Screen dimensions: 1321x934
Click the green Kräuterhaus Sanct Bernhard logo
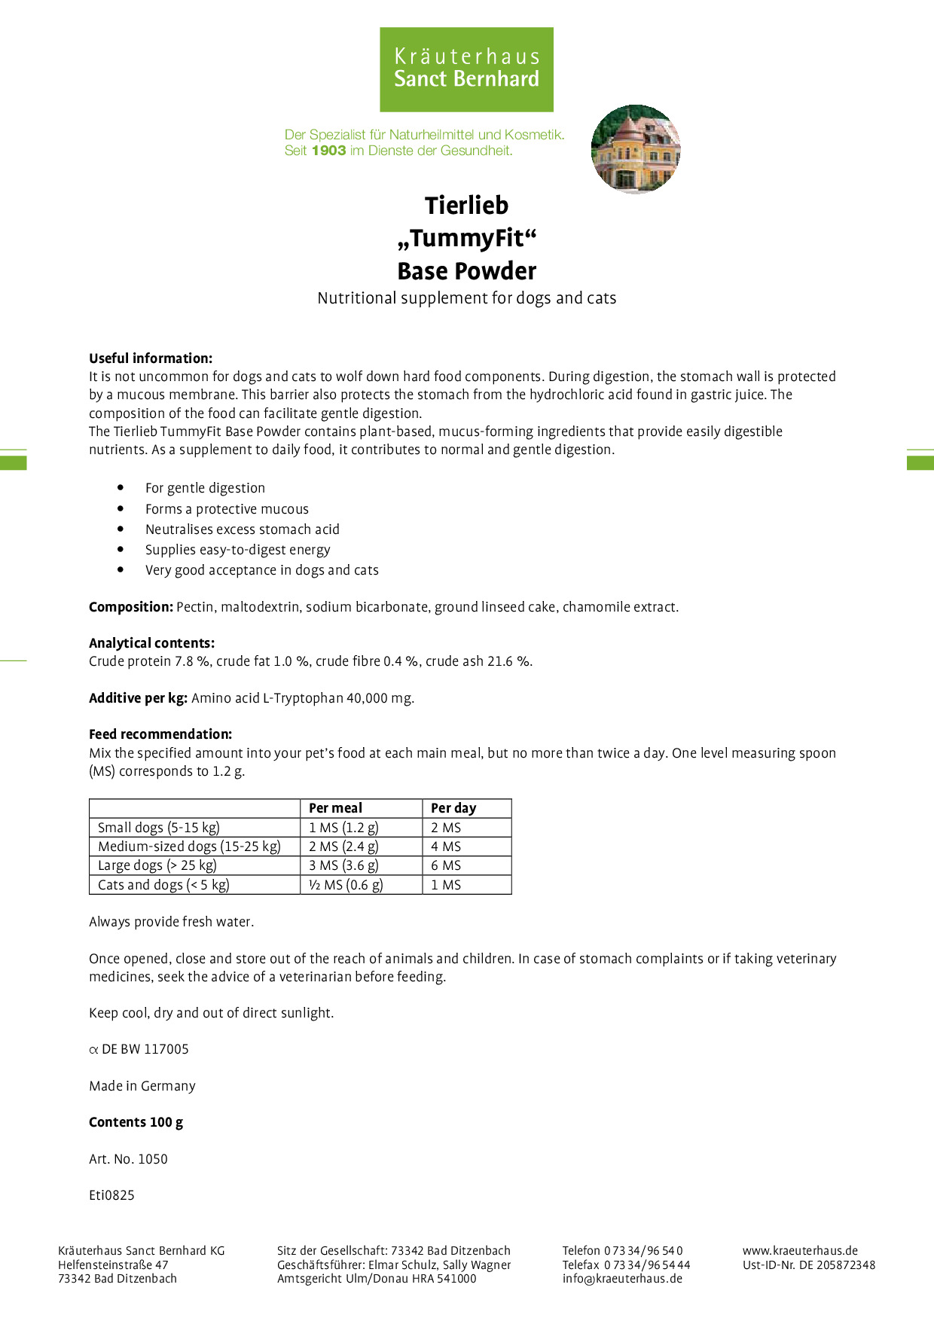tap(466, 69)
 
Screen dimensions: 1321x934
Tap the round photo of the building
tap(636, 149)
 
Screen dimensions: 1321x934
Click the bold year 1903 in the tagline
tap(328, 151)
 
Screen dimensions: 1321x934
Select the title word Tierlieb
tap(466, 205)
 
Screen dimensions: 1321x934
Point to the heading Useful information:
tap(151, 358)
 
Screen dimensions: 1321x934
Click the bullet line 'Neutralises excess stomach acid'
tap(242, 529)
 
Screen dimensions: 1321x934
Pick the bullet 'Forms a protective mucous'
tap(227, 509)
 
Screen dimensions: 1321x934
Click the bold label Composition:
tap(131, 607)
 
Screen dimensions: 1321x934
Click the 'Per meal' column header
tap(335, 808)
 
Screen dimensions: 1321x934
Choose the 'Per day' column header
tap(453, 808)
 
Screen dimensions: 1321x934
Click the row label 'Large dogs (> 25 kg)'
tap(157, 865)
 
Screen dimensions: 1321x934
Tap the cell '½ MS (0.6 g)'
tap(346, 885)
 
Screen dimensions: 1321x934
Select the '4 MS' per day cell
tap(446, 847)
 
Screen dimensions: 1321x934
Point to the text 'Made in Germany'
tap(142, 1086)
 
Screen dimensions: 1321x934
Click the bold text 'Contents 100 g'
tap(136, 1122)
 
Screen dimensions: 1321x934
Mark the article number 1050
tap(153, 1159)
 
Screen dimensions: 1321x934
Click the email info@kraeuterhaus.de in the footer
tap(622, 1278)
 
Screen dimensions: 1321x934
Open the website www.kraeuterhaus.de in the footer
tap(800, 1251)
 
